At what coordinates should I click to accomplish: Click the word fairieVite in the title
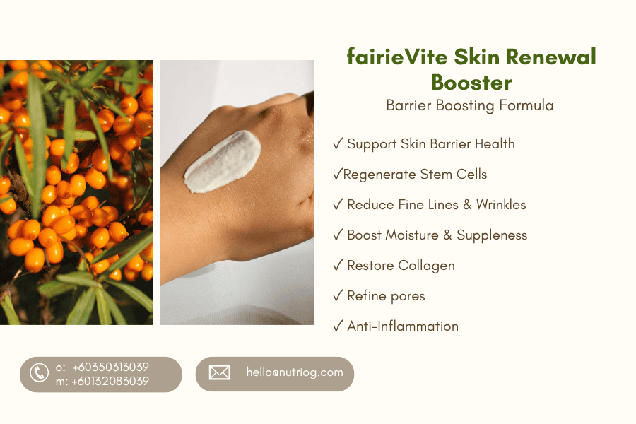397,57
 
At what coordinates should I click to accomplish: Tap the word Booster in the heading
471,83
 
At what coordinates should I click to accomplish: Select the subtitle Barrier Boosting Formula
470,105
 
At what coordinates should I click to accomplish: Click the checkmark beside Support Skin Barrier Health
338,143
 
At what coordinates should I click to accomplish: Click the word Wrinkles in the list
501,204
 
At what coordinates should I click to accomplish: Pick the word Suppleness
492,235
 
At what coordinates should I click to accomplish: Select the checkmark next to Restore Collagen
338,265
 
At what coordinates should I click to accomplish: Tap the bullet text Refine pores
386,296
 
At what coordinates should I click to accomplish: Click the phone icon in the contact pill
40,372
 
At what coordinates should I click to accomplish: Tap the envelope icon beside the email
220,372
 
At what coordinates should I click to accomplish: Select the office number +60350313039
110,367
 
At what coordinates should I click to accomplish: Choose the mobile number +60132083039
110,381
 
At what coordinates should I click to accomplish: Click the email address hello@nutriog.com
295,372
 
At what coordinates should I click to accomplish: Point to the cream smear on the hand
223,162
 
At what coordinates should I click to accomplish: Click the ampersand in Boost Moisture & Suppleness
447,235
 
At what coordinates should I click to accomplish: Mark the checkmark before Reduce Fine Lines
338,204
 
